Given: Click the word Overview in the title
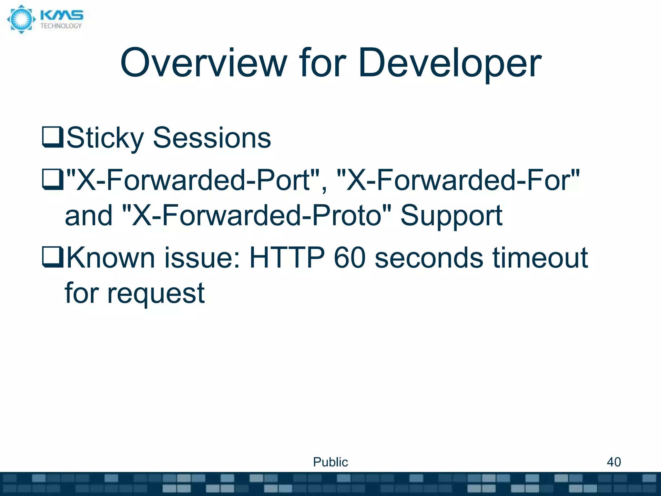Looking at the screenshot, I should point(203,63).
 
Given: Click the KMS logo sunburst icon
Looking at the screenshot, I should point(21,19).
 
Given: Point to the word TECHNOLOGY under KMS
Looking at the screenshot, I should point(61,26).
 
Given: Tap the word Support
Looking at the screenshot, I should point(451,216).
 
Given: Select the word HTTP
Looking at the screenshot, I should point(287,258).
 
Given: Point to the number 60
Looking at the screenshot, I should point(350,258).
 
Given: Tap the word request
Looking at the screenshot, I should point(156,293).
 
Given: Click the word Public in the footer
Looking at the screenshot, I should point(330,462).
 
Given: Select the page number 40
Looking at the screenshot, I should point(614,462).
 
